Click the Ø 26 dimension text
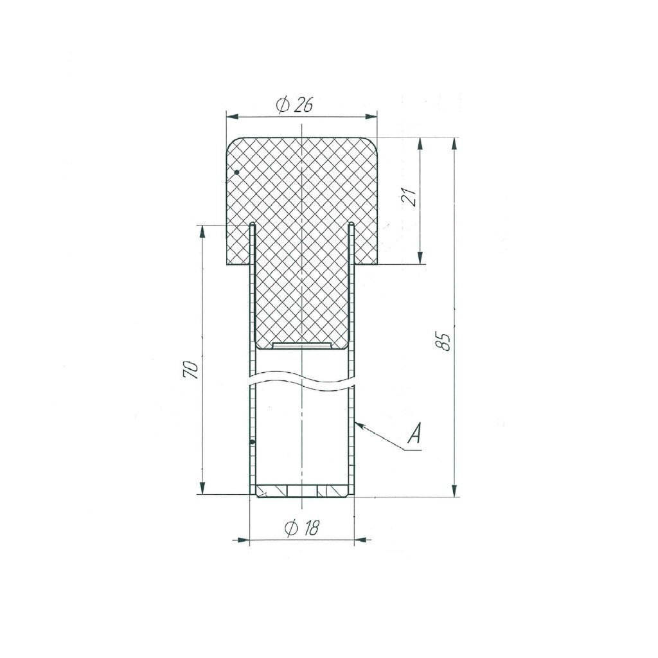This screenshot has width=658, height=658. click(x=294, y=105)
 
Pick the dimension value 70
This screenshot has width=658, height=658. click(x=190, y=369)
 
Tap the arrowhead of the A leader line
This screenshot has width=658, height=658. click(x=360, y=425)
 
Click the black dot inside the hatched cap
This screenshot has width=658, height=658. click(x=236, y=172)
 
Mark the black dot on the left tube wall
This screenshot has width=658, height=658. click(x=252, y=442)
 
